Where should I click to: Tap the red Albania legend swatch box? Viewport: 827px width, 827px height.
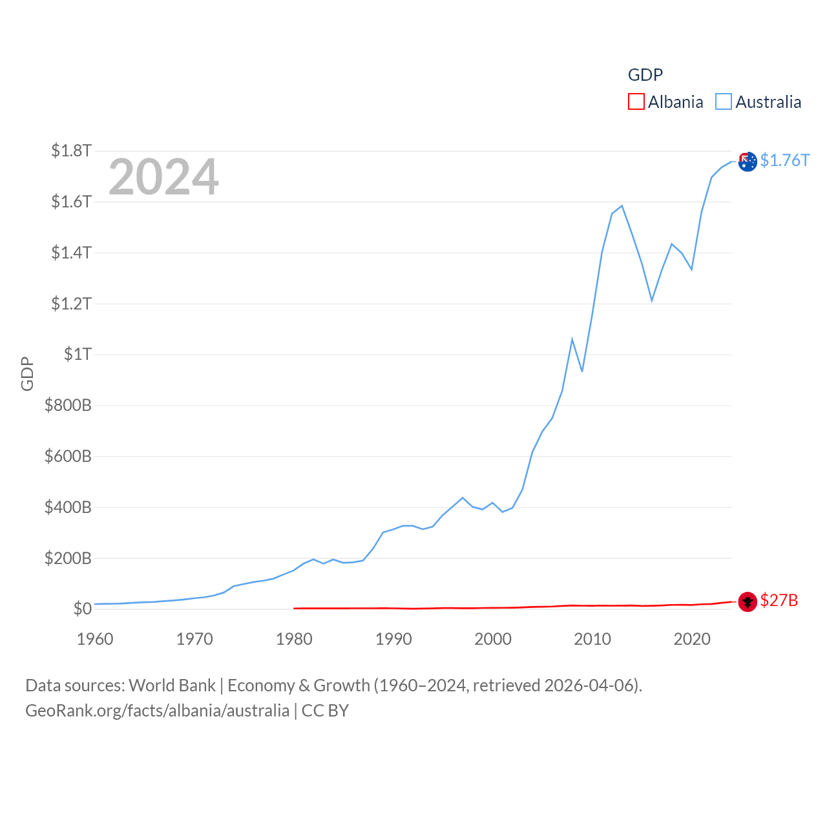coord(636,102)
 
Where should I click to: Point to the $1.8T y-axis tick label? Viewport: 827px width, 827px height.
coord(71,151)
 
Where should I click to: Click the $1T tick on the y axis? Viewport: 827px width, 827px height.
coord(78,354)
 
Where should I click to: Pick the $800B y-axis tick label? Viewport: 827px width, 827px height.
coord(68,405)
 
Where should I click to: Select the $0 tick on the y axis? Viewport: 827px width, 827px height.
coord(82,609)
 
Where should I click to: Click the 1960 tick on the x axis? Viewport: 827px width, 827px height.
coord(95,639)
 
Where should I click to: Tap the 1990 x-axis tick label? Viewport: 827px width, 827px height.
coord(393,639)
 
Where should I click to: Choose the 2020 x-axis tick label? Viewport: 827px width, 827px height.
coord(692,639)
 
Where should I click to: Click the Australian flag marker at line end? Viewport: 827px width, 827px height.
coord(748,162)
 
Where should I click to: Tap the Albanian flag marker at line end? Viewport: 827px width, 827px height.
coord(748,602)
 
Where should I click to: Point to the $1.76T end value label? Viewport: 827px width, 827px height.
coord(784,160)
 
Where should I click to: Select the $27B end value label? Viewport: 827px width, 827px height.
coord(779,600)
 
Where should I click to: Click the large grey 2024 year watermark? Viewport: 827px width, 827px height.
coord(163,176)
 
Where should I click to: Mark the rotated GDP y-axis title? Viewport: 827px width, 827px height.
coord(27,373)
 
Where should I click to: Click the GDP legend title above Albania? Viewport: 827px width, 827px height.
coord(645,75)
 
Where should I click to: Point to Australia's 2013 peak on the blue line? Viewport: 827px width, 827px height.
coord(622,206)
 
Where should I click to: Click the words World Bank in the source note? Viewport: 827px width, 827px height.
coord(172,685)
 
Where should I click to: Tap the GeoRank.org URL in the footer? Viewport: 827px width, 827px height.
coord(157,711)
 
